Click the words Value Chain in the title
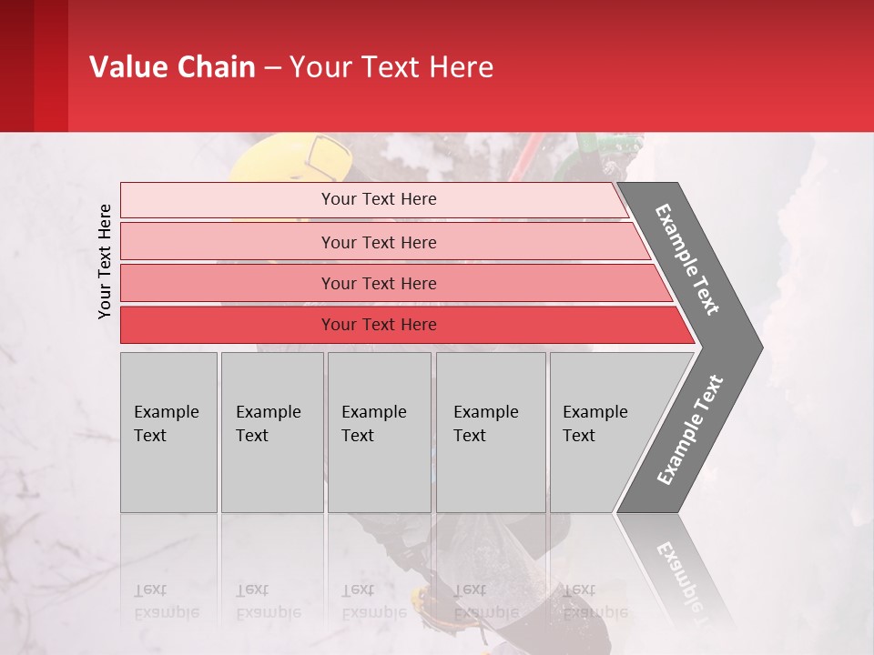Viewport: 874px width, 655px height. (172, 67)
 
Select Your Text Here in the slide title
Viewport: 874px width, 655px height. (391, 67)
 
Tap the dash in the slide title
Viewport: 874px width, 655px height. (272, 68)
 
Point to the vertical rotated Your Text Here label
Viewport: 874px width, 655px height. (106, 261)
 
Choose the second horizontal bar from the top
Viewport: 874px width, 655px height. (378, 242)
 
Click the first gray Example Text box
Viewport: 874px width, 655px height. (168, 432)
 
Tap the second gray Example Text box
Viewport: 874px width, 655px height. (271, 432)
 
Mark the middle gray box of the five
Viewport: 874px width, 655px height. (379, 432)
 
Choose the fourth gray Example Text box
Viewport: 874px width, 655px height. (491, 432)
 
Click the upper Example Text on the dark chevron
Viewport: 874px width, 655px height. (688, 260)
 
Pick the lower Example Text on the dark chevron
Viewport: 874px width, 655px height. (690, 429)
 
